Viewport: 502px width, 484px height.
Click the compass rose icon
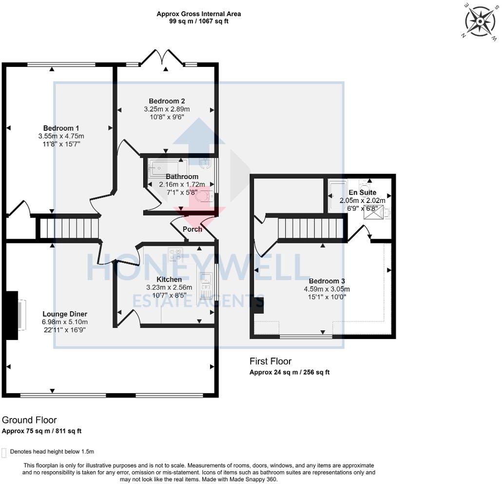[480, 21]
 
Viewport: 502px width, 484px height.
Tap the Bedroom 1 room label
[61, 128]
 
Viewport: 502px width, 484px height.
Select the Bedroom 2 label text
[167, 101]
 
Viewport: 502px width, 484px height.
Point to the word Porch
[193, 229]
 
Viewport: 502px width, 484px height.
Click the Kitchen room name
[169, 280]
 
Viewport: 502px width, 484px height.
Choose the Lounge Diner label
[65, 314]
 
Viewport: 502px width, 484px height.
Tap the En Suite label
[363, 192]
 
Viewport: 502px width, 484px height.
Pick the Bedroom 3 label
[327, 281]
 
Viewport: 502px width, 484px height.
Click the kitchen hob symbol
[175, 254]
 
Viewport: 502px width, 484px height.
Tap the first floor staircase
[310, 228]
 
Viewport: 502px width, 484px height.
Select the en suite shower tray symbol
[373, 212]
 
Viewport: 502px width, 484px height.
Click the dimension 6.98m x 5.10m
[65, 322]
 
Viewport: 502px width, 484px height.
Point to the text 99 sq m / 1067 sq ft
[199, 21]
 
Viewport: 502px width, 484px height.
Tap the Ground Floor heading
[29, 420]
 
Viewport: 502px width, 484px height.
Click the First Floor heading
[270, 361]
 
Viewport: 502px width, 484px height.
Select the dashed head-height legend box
[4, 453]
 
